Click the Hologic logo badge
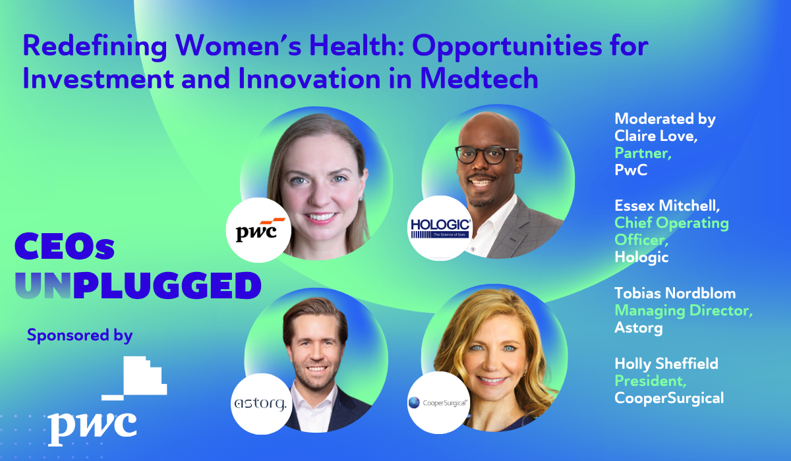440,229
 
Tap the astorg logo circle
261,404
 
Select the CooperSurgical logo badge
438,402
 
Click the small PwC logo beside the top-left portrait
258,230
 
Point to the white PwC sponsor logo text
92,427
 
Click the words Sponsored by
80,335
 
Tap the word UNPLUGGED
138,285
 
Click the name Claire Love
656,136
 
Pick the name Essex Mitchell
667,205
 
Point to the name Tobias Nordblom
675,293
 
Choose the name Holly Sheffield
666,364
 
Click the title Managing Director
684,310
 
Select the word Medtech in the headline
479,78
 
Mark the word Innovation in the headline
309,78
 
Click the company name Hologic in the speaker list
641,257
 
